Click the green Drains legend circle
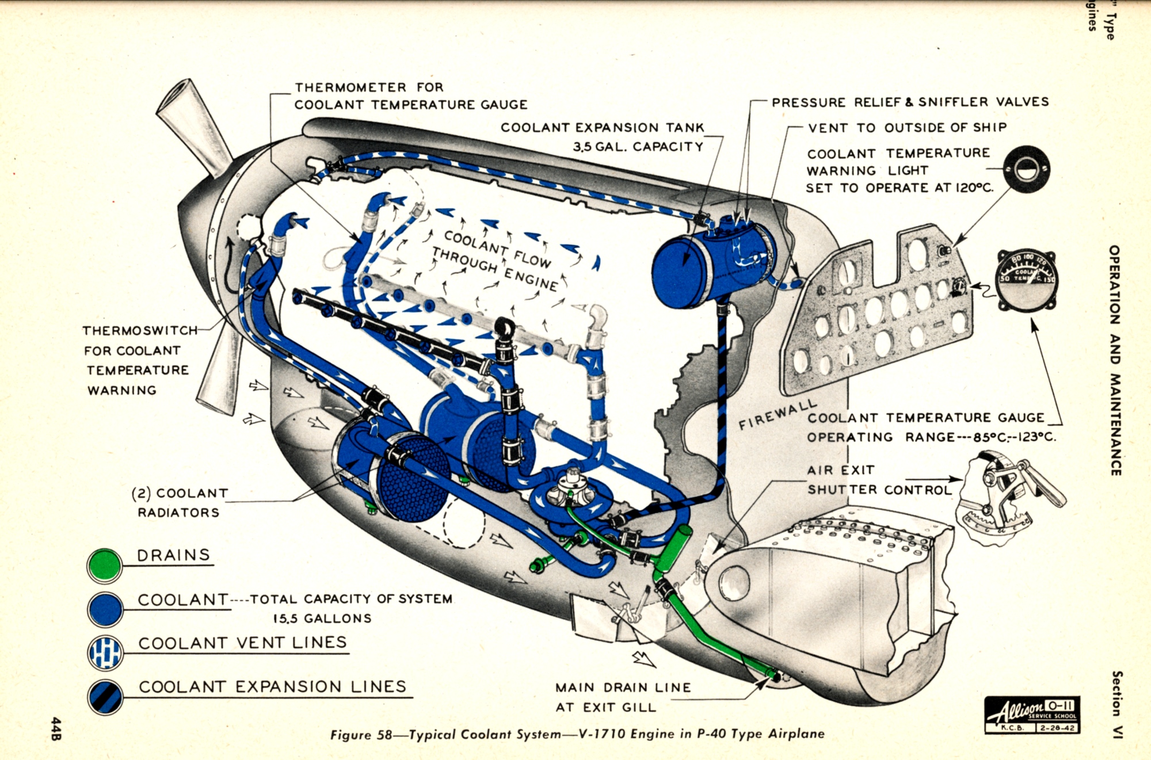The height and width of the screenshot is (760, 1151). (x=104, y=565)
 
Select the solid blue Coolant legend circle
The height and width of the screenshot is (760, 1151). (x=105, y=609)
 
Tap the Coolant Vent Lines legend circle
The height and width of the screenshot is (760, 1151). (x=105, y=653)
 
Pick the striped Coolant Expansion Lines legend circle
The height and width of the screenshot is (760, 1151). (x=105, y=697)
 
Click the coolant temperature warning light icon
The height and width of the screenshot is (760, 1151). (x=1027, y=169)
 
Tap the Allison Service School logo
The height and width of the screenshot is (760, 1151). (x=1032, y=714)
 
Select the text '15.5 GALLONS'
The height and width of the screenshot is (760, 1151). (x=322, y=618)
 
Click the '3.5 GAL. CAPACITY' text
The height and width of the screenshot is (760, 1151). (x=638, y=147)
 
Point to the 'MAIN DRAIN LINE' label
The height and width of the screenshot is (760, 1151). (x=623, y=688)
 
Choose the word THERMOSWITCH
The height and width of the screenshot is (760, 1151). (x=140, y=331)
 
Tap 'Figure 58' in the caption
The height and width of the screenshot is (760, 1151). (x=361, y=735)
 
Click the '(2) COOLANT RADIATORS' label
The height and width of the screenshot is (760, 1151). (x=180, y=502)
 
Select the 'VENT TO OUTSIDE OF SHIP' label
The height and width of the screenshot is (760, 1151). (x=907, y=128)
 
